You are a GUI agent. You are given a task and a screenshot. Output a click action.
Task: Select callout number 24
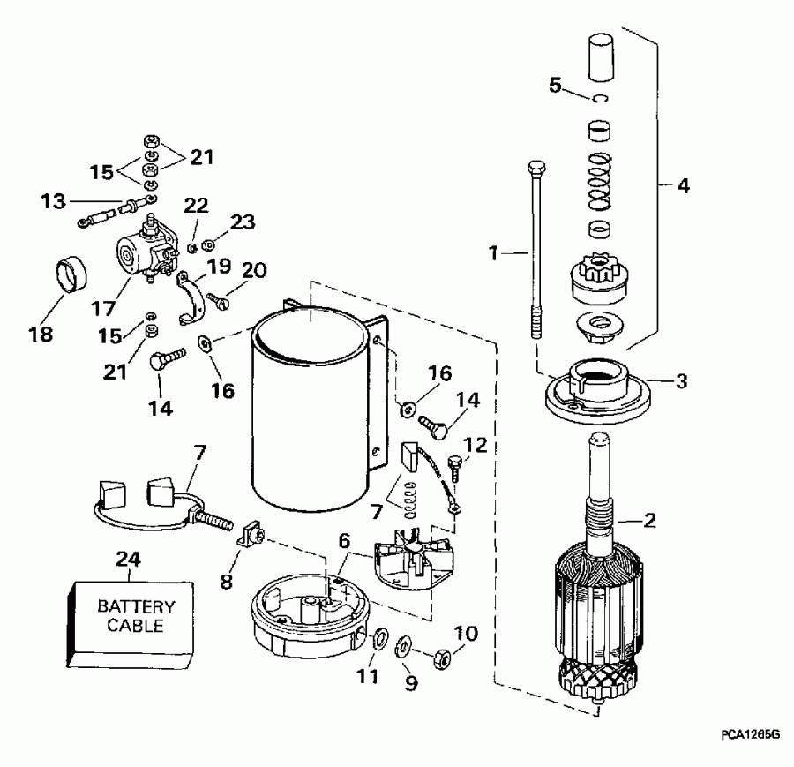coord(128,559)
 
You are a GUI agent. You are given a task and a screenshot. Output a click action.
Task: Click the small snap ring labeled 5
coord(603,99)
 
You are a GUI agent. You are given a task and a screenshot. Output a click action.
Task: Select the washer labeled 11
coord(379,637)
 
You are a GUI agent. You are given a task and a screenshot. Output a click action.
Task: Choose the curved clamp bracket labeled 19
coord(193,297)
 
